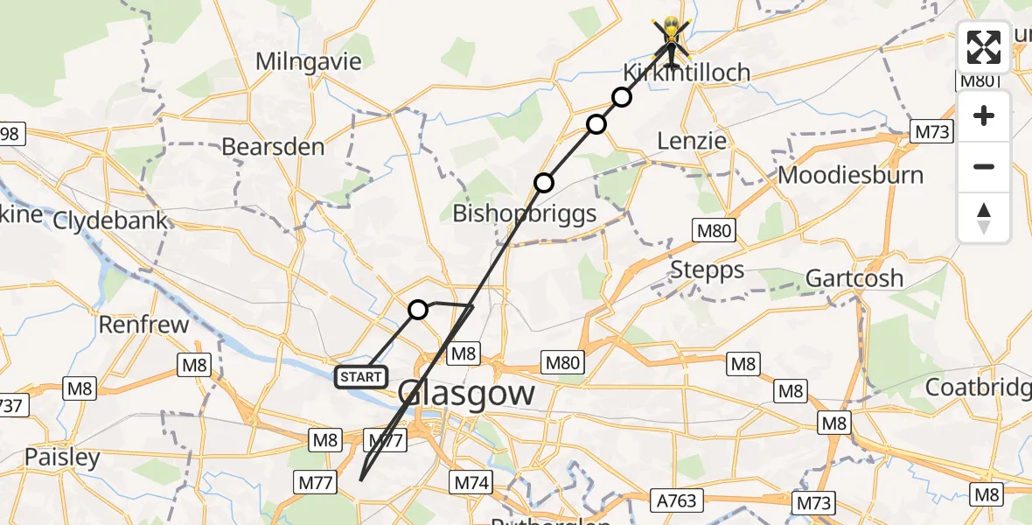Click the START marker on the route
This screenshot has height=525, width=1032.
point(360,377)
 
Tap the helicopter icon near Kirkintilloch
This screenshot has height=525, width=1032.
point(671,39)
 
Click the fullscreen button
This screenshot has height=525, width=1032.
point(984,48)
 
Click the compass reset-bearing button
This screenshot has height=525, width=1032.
point(984,218)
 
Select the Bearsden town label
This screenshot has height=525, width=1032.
point(273,146)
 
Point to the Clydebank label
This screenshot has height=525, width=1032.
point(110,220)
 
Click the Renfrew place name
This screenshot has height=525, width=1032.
point(143,325)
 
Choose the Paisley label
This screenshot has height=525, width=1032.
point(62,457)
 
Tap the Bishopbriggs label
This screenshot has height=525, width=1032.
point(524,213)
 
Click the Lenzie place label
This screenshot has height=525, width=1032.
point(692,141)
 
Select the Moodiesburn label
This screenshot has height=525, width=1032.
point(850,175)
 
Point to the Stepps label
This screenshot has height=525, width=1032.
point(708,270)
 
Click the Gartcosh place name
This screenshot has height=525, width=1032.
point(854,278)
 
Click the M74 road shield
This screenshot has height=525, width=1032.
point(472,481)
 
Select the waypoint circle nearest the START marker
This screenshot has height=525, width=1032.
point(418,310)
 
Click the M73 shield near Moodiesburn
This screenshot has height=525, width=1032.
point(932,132)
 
